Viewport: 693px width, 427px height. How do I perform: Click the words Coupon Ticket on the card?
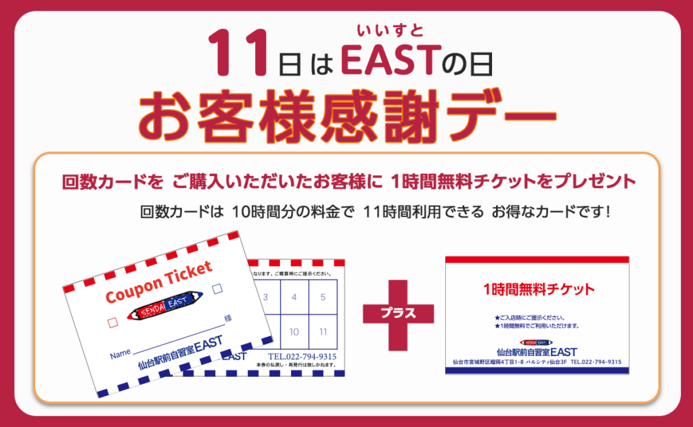[x=159, y=282]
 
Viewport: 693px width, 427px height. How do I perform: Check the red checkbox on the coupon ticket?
[x=114, y=324]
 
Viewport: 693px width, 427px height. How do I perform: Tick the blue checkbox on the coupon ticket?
[x=217, y=290]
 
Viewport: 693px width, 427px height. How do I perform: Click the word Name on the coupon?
[x=120, y=354]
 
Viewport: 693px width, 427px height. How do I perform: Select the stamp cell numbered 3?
[x=266, y=297]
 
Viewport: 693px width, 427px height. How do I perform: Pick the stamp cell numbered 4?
[x=294, y=297]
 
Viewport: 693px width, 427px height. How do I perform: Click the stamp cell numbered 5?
[x=323, y=297]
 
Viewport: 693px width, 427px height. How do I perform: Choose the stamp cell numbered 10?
[x=294, y=332]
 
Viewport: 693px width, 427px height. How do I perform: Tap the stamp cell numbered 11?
[x=323, y=332]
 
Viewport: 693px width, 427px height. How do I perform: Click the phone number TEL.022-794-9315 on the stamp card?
[x=302, y=357]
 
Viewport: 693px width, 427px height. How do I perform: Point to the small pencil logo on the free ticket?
[x=537, y=342]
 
